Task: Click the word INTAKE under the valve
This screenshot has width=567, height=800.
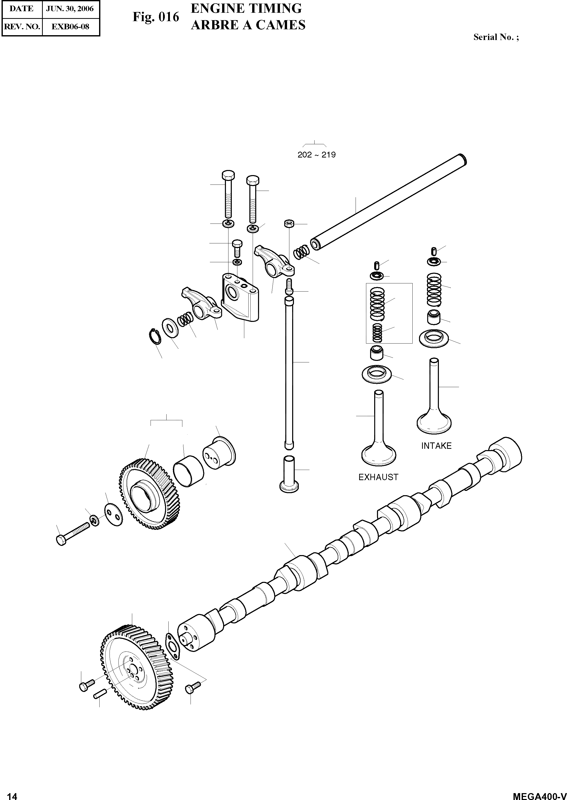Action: click(436, 446)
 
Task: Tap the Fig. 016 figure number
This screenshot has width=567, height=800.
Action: click(156, 17)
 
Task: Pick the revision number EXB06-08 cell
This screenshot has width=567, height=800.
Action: click(70, 27)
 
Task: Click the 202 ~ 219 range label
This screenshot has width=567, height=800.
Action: click(316, 155)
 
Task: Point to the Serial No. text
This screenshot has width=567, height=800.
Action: click(496, 37)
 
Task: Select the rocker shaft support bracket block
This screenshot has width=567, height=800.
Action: click(240, 297)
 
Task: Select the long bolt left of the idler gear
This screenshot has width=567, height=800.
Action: click(72, 533)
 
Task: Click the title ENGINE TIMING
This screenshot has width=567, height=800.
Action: click(246, 8)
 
